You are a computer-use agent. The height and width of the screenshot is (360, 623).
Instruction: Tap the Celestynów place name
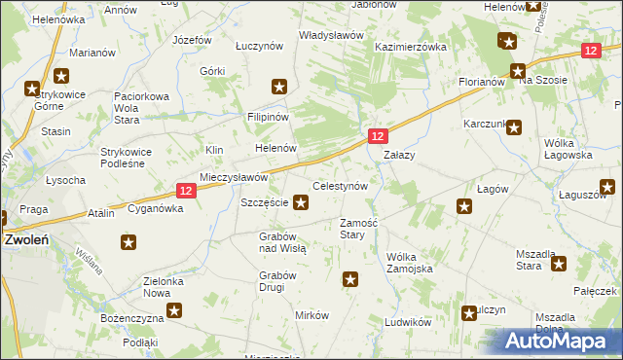coord(339,185)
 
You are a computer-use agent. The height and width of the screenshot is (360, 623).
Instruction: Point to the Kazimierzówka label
coord(410,47)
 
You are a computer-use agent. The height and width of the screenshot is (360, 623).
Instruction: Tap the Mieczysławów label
coord(234,178)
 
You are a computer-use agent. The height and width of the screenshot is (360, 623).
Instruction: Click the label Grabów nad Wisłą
coord(282,242)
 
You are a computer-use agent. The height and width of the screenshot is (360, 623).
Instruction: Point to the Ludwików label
coord(407,321)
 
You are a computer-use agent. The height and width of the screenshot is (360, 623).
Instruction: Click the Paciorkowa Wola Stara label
coord(142,102)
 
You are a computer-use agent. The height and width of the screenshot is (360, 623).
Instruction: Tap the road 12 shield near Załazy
coord(379,137)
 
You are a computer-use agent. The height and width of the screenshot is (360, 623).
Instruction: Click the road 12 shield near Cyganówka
coord(189,192)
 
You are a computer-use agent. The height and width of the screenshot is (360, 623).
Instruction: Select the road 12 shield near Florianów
coord(590,51)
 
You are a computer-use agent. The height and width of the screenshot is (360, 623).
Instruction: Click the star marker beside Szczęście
coord(302,202)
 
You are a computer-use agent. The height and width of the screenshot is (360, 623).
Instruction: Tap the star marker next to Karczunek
coord(514,126)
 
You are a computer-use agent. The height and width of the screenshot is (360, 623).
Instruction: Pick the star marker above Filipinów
coord(279,88)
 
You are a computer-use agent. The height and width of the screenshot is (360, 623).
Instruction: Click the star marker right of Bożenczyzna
coord(174,311)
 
